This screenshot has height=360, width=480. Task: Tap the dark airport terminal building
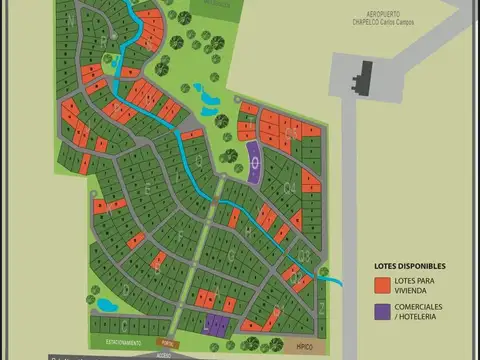click(x=361, y=75)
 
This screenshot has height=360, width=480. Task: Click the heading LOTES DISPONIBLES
click(x=410, y=266)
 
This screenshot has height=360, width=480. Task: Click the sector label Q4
click(x=290, y=131)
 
